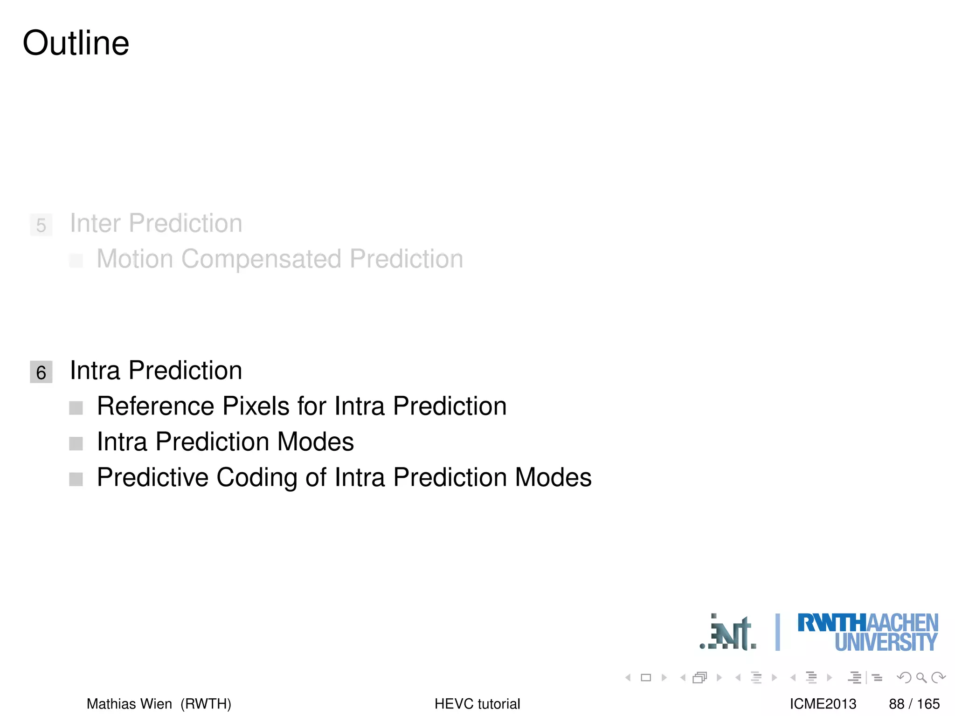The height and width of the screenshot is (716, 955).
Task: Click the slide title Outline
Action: point(76,43)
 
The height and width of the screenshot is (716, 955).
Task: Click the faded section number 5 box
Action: point(41,225)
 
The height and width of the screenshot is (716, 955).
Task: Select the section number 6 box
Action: point(41,372)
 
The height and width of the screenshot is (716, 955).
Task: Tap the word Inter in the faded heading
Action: point(95,223)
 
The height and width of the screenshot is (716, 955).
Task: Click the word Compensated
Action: point(261,259)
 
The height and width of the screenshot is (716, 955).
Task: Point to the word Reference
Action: point(157,406)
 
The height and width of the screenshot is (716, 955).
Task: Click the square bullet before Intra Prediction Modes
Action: point(76,443)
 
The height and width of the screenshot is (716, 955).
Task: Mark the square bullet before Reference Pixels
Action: point(76,408)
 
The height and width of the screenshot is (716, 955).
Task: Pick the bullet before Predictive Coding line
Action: point(76,479)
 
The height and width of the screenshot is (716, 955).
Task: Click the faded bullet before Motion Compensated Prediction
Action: point(76,261)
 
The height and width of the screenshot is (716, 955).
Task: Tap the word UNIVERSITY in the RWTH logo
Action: point(886,643)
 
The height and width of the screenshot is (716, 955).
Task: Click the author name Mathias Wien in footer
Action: point(129,704)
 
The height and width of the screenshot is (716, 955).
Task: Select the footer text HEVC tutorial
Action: point(477,704)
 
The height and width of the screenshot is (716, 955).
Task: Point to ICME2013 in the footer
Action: point(823,704)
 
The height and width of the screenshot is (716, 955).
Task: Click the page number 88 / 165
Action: point(914,704)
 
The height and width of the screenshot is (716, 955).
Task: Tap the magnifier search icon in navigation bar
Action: point(921,678)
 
